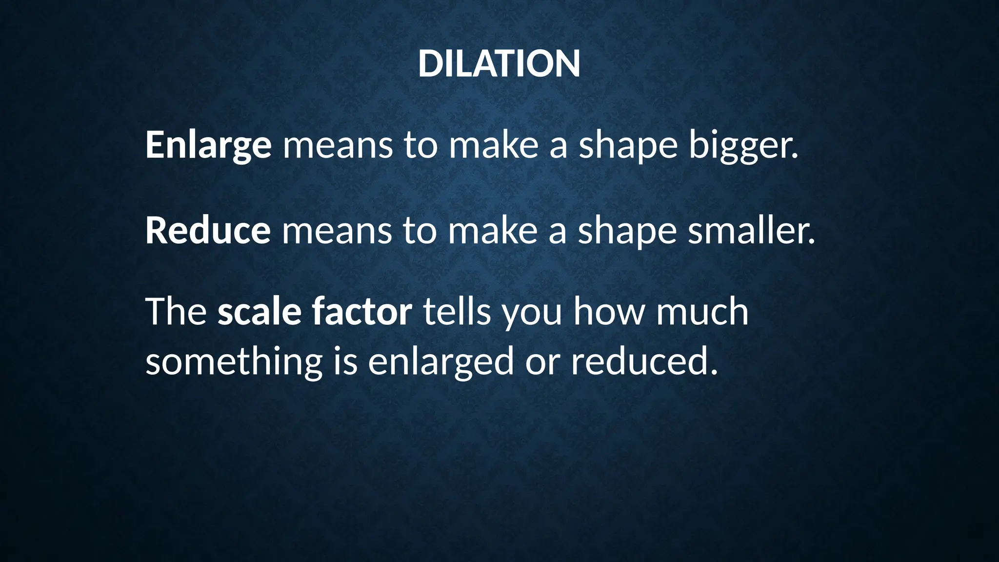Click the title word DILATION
point(499,64)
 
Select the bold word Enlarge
point(208,145)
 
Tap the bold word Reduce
point(208,230)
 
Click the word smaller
point(751,230)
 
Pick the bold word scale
point(259,312)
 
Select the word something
point(234,362)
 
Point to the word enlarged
point(441,362)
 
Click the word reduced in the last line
point(644,362)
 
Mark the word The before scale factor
point(176,312)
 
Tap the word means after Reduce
point(337,231)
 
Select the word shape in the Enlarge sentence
point(628,146)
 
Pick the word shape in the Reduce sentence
point(627,231)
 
